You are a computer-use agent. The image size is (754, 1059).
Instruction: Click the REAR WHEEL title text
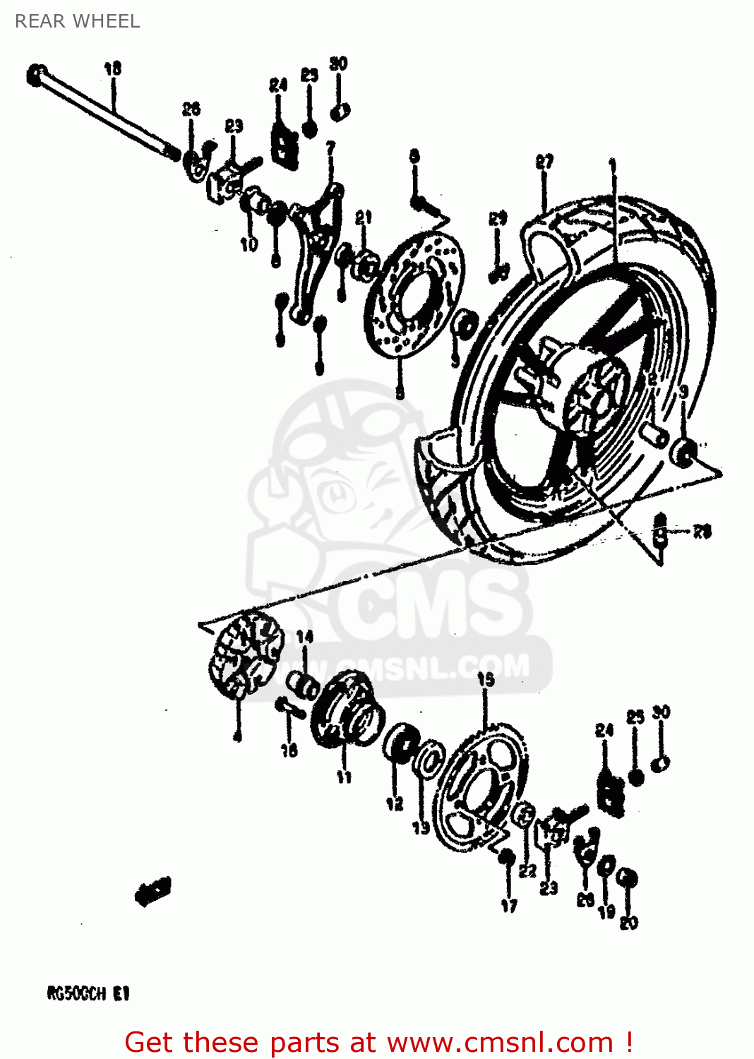(x=78, y=21)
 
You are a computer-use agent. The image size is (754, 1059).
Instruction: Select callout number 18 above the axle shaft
(x=112, y=68)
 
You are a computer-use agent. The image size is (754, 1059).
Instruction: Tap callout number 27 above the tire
(x=544, y=162)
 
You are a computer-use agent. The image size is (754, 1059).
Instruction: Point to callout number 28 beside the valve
(x=701, y=532)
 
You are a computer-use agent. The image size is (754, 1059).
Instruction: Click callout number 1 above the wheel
(x=613, y=167)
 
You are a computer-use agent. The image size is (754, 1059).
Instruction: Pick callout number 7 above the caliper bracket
(x=330, y=148)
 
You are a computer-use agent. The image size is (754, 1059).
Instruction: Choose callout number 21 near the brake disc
(x=363, y=217)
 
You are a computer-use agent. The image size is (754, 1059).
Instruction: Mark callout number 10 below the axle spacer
(x=249, y=244)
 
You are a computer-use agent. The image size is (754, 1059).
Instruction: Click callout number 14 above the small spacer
(x=304, y=637)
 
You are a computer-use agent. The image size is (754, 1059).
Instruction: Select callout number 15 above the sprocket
(x=486, y=680)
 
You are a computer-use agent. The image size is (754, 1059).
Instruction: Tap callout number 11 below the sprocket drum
(x=344, y=777)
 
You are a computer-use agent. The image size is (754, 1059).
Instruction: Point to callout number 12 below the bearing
(x=395, y=803)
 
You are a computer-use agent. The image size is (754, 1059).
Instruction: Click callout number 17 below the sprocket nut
(x=509, y=906)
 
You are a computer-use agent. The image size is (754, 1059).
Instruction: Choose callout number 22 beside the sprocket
(x=527, y=871)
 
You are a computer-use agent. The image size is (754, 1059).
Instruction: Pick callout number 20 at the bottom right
(x=628, y=923)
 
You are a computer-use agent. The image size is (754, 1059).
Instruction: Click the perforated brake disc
(x=413, y=297)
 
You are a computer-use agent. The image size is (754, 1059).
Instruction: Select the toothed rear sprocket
(x=480, y=787)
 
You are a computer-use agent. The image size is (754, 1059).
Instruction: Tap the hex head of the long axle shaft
(x=36, y=74)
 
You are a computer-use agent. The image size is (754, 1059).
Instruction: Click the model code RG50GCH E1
(x=88, y=993)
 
